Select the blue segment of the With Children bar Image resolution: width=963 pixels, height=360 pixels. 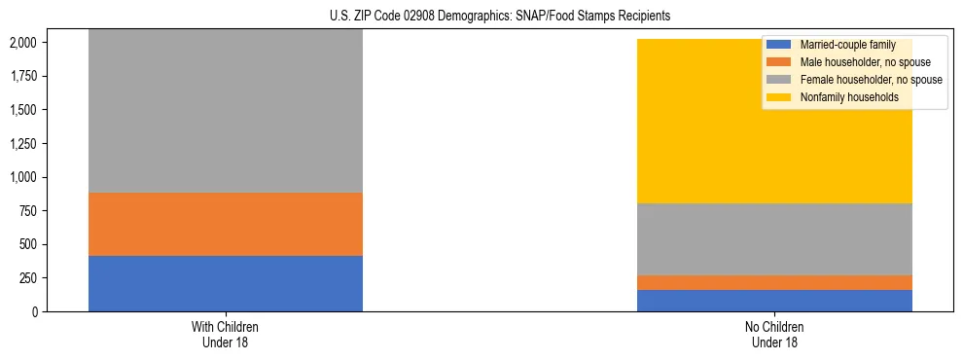225,283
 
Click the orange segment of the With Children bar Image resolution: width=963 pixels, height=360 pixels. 225,224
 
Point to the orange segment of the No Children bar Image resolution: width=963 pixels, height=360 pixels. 774,282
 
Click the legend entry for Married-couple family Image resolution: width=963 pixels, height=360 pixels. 847,45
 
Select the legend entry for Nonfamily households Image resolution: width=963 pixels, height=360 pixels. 849,97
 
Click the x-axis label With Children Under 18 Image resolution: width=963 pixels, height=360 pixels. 225,335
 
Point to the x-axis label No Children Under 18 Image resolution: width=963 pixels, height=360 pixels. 774,335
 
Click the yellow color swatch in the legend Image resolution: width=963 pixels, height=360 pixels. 779,97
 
